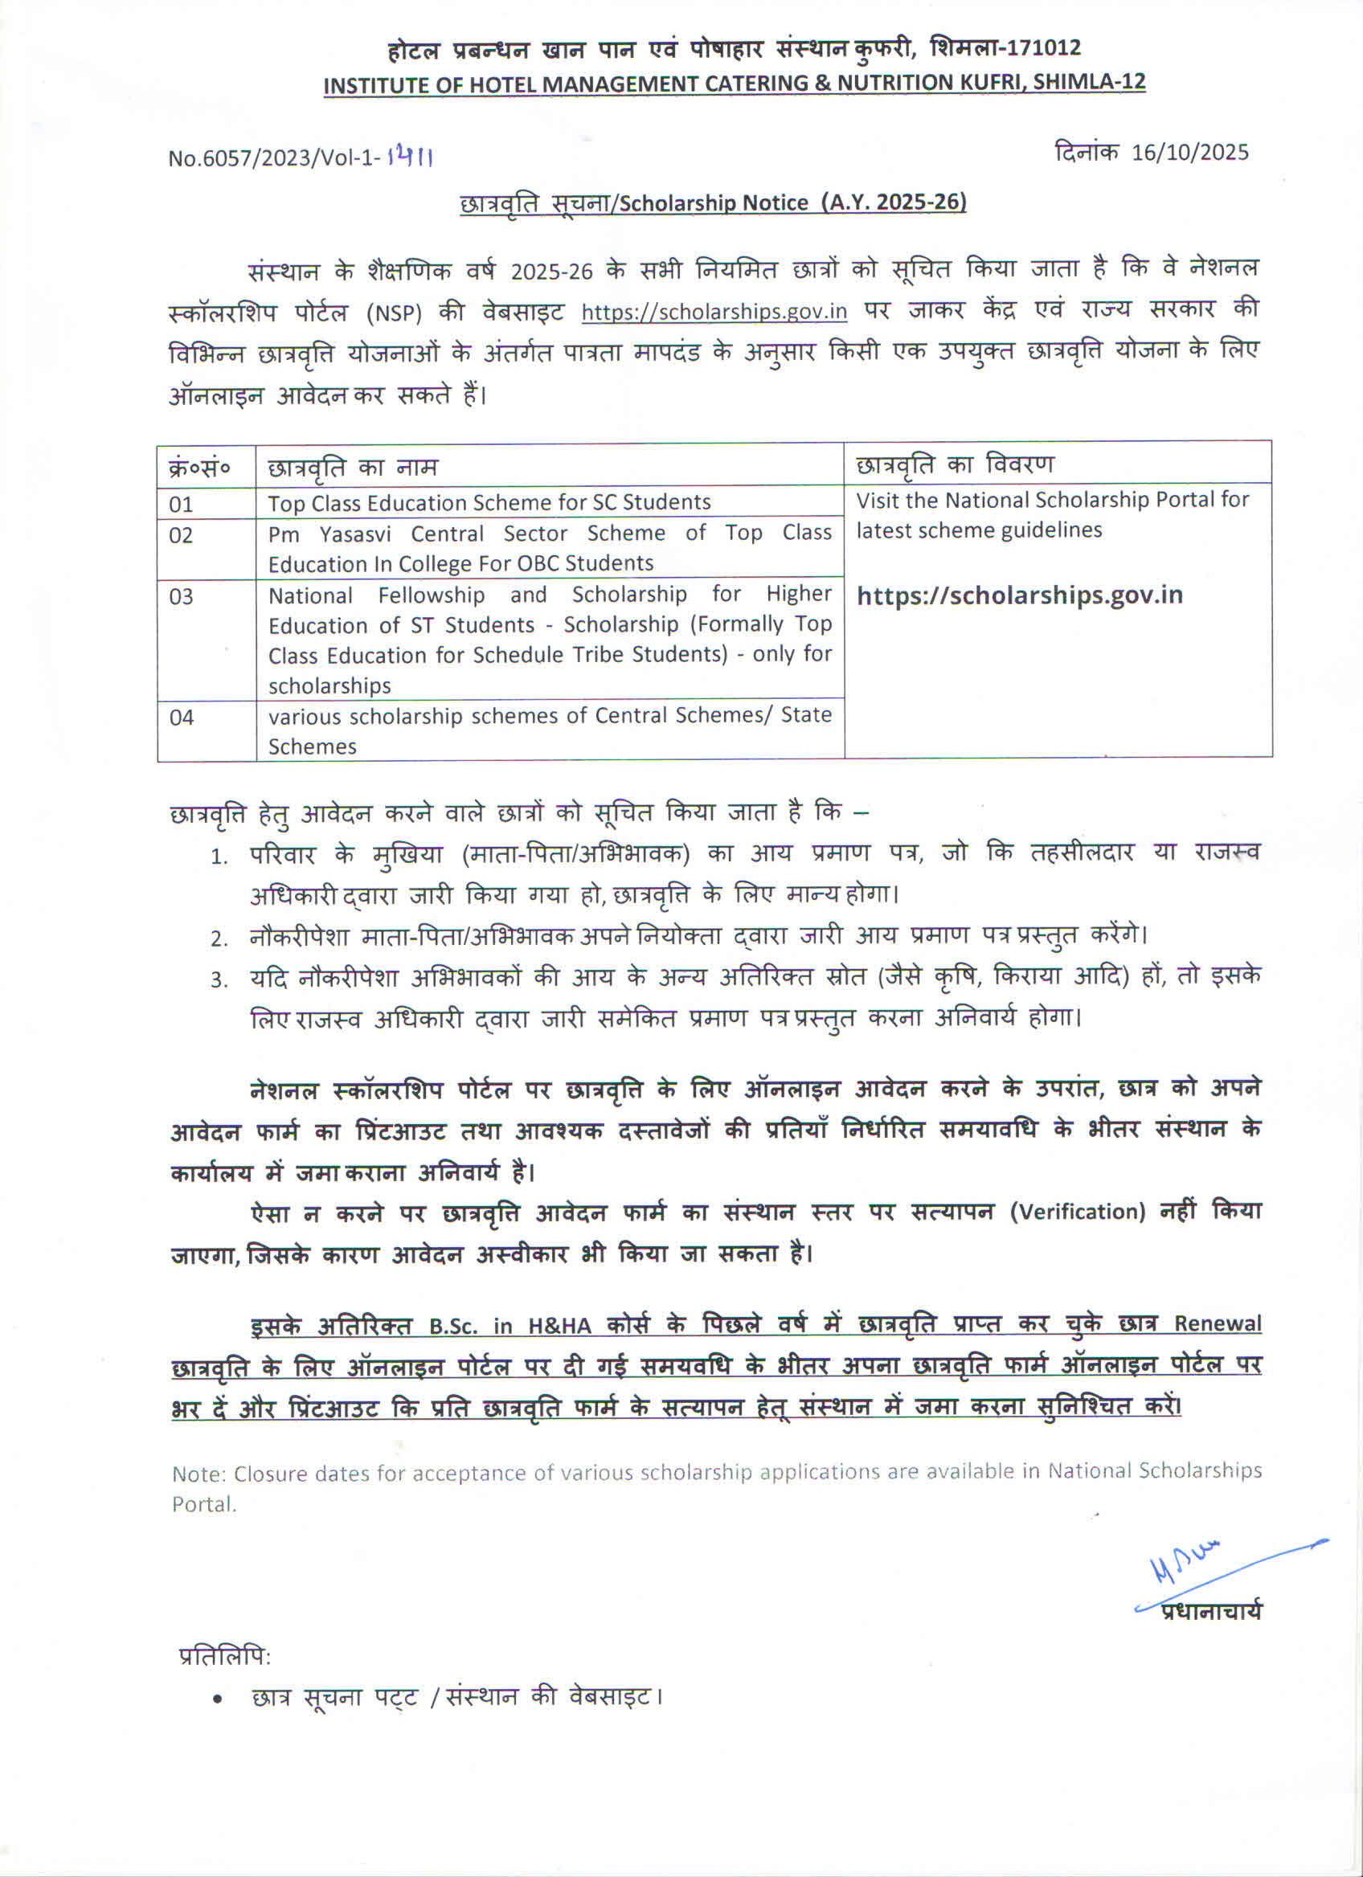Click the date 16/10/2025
tap(1189, 153)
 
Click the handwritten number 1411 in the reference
tap(410, 157)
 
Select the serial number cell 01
tap(182, 504)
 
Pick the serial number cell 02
tap(182, 535)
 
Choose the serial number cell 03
tap(182, 597)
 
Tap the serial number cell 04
tap(182, 717)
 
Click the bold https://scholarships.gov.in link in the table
tap(1019, 595)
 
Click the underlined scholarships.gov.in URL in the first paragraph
tap(714, 312)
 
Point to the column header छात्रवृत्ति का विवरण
tap(954, 465)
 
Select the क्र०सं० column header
tap(199, 468)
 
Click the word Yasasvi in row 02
tap(360, 534)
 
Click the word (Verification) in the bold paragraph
tap(1077, 1212)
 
